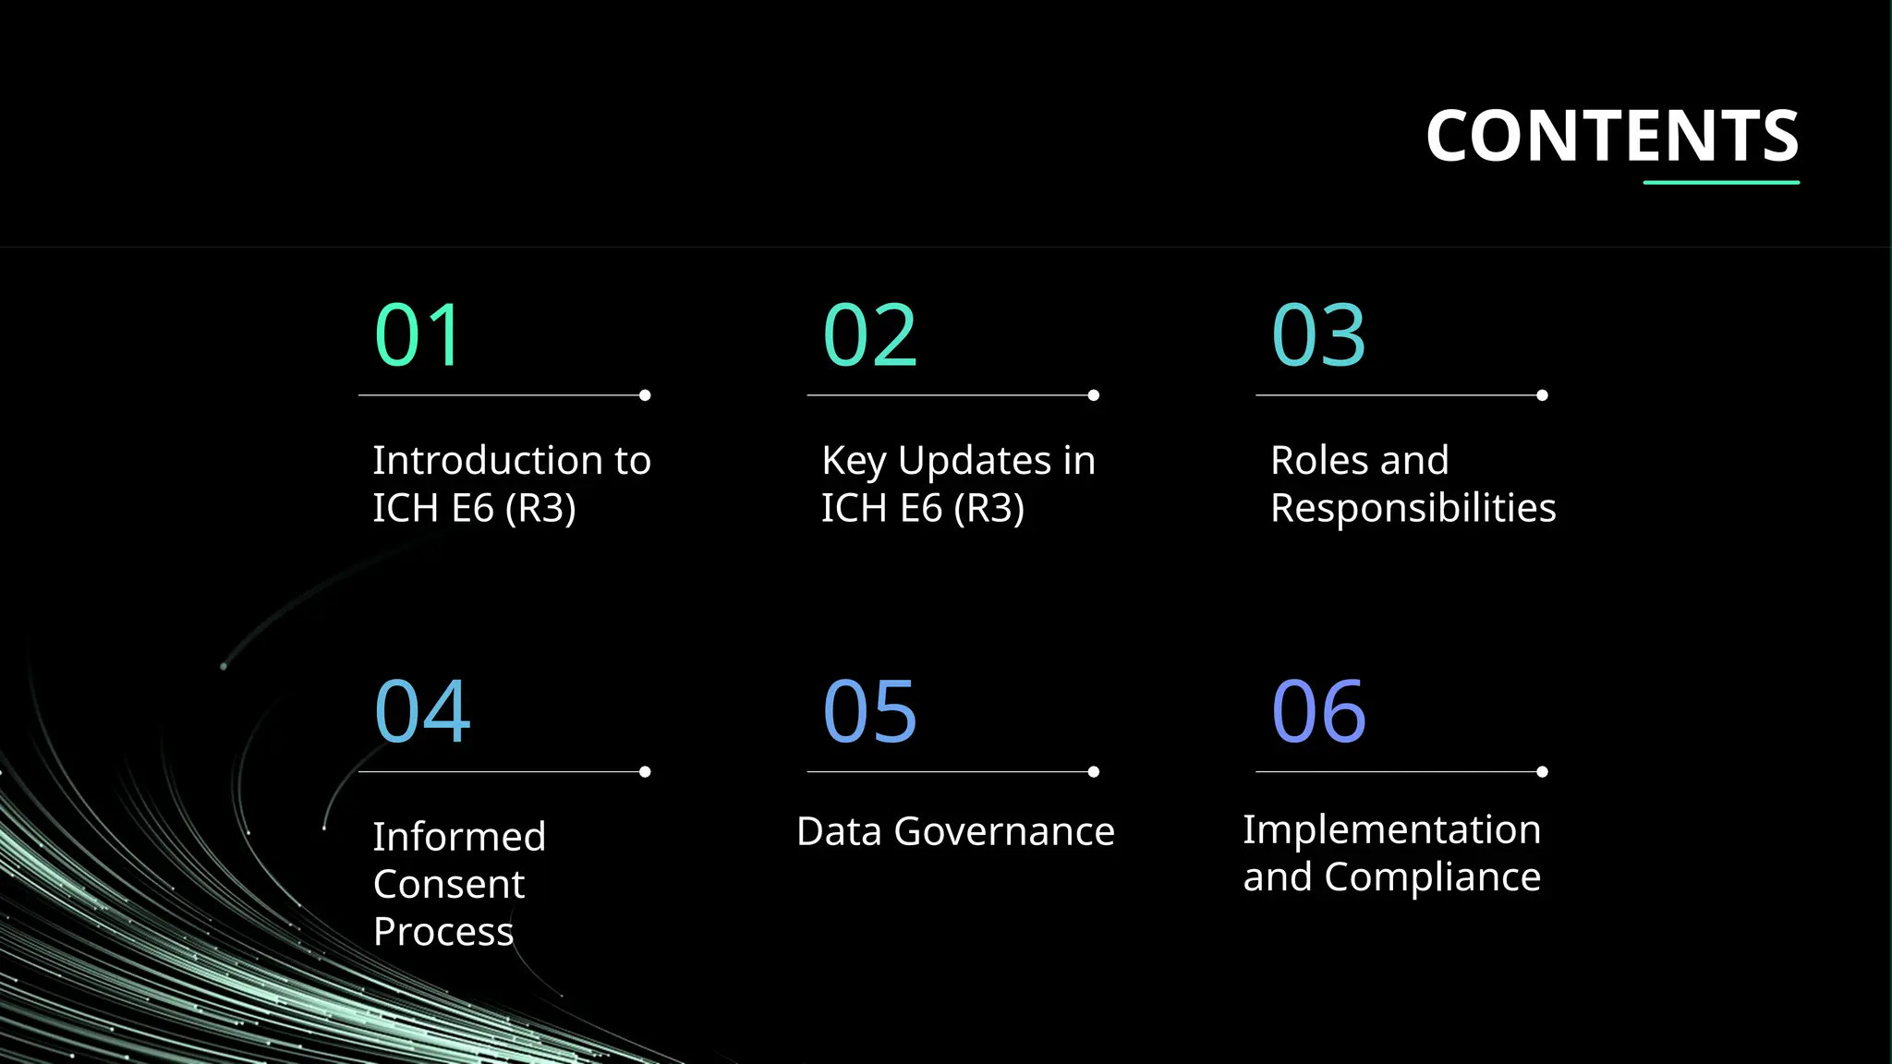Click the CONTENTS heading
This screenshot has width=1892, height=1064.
(1612, 137)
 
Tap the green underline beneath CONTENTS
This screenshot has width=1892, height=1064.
(1720, 183)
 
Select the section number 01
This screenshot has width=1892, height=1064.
(418, 335)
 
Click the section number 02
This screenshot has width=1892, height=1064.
(869, 335)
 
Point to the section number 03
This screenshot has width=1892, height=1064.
(1318, 335)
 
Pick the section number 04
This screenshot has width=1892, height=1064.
(422, 711)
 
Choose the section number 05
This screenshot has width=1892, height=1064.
(869, 711)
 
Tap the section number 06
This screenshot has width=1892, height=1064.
(1318, 711)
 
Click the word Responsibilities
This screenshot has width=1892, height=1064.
(1413, 509)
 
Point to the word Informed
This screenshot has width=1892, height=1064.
(459, 837)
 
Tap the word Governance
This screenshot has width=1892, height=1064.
(1004, 831)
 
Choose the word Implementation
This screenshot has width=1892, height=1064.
(1391, 829)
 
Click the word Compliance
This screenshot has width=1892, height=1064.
(1432, 877)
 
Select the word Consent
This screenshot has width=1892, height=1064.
(449, 885)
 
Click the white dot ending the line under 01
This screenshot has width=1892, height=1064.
(645, 395)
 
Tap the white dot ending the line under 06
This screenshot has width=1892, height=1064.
(1542, 772)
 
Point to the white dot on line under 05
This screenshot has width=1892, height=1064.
(1094, 772)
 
